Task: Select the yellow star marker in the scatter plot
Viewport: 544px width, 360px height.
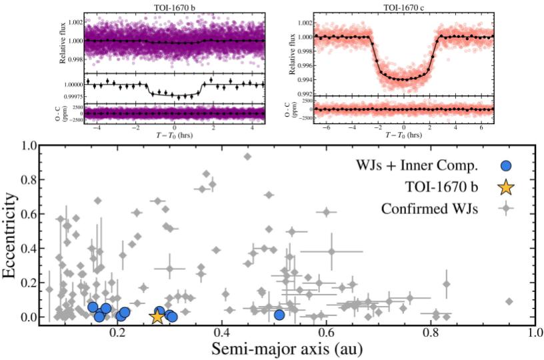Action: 157,316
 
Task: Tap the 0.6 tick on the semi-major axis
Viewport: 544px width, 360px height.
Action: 327,332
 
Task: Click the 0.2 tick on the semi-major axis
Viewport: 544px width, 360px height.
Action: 119,332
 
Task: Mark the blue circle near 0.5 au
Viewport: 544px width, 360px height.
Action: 279,314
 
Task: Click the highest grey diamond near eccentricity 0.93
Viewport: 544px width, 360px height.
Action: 247,157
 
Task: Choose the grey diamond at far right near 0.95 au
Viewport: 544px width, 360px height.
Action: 509,301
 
